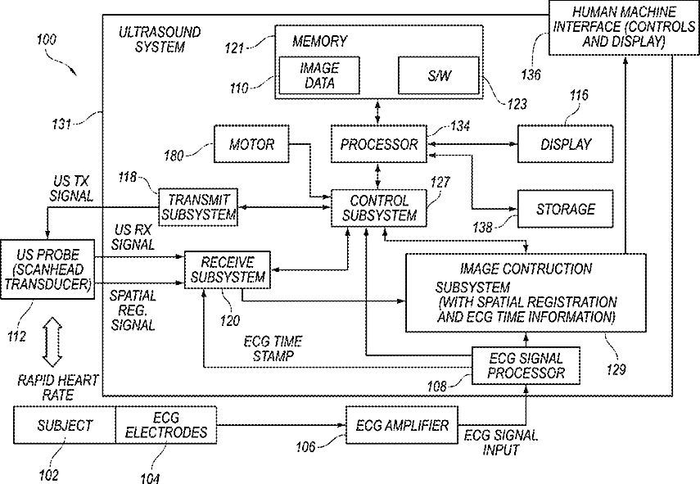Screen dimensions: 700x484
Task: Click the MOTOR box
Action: coord(251,144)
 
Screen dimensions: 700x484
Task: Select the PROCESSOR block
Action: coord(378,144)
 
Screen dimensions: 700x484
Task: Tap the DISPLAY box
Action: coord(565,144)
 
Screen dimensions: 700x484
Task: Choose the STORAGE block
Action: coord(565,209)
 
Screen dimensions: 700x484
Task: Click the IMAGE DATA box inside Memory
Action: coord(319,75)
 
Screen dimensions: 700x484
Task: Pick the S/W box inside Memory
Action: coord(438,75)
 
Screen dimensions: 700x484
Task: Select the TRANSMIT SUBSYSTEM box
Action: coord(198,206)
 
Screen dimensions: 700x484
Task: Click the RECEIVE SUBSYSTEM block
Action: coord(228,269)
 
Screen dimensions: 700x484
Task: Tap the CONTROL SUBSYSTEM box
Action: coord(378,208)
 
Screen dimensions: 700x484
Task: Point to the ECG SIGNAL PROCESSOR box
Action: coord(526,365)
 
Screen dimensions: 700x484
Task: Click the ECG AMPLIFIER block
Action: coord(402,424)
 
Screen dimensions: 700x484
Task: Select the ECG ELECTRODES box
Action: coord(166,424)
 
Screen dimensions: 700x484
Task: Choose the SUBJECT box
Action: coord(65,424)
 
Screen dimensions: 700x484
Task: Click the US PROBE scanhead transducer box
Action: coord(47,269)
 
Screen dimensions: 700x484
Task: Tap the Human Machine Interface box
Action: coord(624,28)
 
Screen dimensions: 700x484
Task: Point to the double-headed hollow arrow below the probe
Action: coord(52,342)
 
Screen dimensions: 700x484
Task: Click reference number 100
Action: coord(47,39)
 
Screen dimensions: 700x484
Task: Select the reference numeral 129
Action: coord(616,369)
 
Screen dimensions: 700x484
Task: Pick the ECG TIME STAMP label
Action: coord(273,349)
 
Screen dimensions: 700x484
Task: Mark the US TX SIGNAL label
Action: coord(71,188)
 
